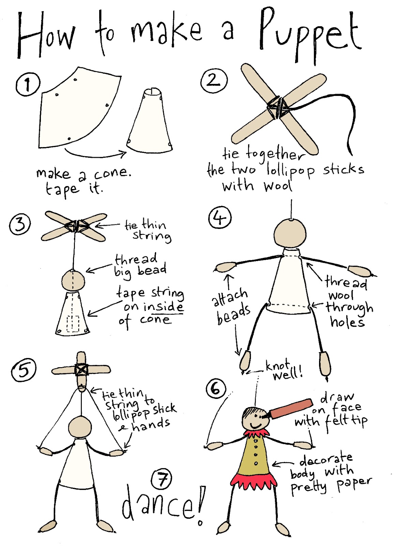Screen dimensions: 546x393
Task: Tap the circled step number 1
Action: point(28,84)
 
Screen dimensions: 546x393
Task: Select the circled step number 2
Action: point(213,81)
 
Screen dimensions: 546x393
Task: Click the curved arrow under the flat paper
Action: point(95,154)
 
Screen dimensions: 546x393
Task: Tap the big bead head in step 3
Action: point(73,281)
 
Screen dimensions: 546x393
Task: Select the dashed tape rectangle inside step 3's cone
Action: point(73,324)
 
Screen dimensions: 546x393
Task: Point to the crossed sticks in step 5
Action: point(81,370)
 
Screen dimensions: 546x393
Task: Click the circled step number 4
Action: point(220,218)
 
